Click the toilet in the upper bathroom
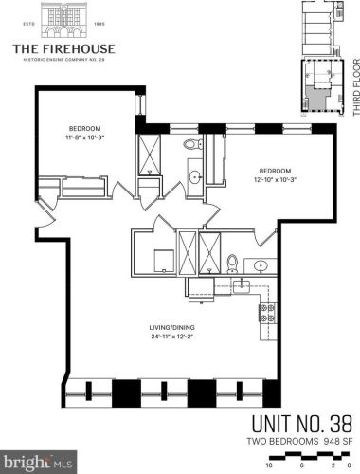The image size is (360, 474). [193, 144]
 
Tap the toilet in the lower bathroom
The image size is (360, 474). [233, 264]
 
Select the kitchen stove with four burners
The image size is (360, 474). [268, 313]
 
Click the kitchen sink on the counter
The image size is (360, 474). [242, 286]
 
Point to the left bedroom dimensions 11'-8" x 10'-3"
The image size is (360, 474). [84, 137]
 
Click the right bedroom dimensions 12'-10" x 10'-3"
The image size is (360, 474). [275, 180]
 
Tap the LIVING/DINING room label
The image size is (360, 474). [171, 327]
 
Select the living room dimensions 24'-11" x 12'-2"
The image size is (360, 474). [171, 337]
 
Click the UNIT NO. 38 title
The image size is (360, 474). [301, 424]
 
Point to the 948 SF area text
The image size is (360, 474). [337, 441]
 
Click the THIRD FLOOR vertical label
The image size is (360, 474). [356, 87]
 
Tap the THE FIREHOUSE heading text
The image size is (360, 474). [63, 49]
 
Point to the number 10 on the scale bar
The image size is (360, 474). [269, 465]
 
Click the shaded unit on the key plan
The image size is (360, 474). [315, 95]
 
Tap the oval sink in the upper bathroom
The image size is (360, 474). [195, 175]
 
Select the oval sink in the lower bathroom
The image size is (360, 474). [261, 264]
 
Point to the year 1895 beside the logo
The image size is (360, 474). [99, 24]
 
